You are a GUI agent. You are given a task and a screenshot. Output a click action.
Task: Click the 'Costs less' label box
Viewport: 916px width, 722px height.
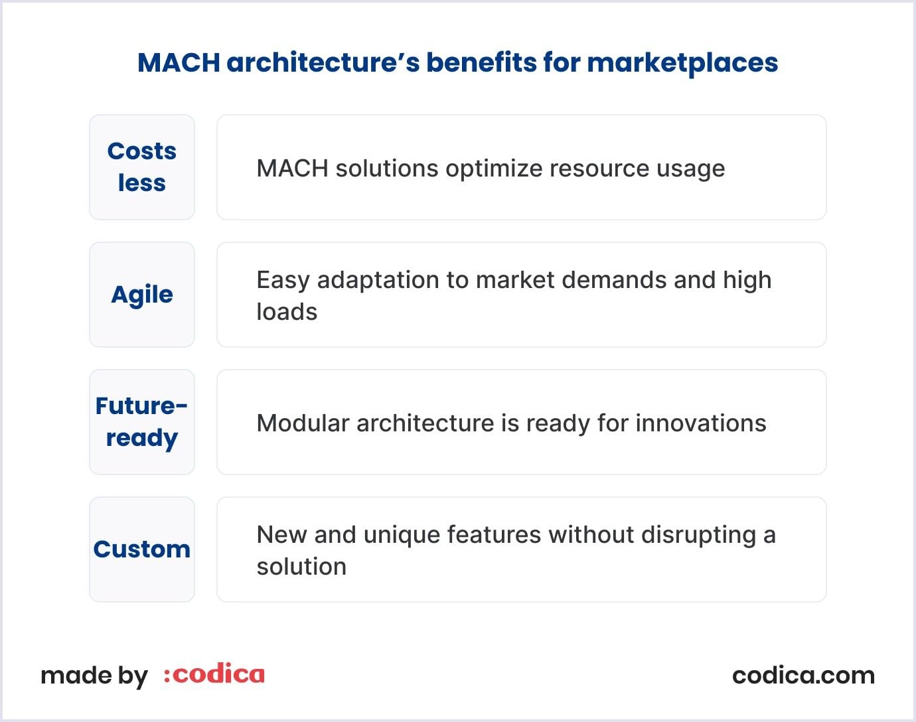[x=142, y=167]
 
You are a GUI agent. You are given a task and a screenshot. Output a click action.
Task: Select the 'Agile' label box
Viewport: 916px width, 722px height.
[x=142, y=295]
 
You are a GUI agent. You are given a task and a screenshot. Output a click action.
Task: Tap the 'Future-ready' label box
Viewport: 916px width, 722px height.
[x=142, y=422]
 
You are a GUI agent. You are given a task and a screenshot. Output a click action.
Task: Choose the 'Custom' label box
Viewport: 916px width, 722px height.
[x=142, y=549]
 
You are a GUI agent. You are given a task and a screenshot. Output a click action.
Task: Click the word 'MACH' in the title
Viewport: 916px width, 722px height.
[x=179, y=62]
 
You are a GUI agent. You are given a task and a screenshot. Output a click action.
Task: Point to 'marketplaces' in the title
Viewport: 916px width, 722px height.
[x=682, y=62]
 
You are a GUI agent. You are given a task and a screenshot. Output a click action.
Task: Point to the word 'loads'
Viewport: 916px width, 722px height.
[x=287, y=312]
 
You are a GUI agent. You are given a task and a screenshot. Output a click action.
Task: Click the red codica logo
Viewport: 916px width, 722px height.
[x=214, y=675]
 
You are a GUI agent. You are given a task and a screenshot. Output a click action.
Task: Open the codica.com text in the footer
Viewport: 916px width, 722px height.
[x=803, y=676]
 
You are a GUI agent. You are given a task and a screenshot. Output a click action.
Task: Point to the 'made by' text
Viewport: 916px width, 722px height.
[x=94, y=676]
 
